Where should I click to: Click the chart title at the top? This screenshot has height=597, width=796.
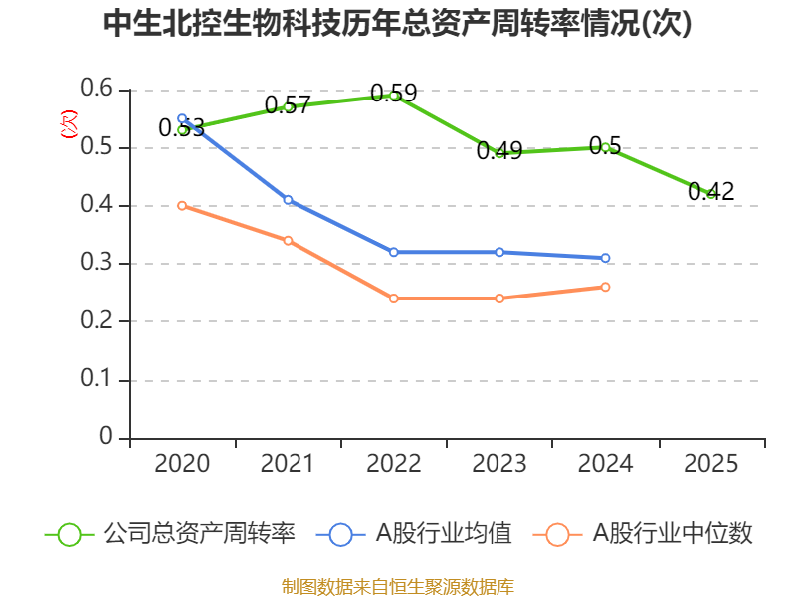tap(397, 25)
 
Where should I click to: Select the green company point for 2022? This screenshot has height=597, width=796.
tap(394, 96)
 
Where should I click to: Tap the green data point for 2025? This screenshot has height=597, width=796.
tap(711, 193)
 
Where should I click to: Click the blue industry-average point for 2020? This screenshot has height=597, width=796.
tap(182, 118)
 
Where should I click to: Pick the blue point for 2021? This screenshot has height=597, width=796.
tap(289, 200)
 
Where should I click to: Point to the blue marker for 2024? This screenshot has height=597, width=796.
tap(605, 258)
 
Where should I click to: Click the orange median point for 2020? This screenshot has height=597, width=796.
tap(182, 205)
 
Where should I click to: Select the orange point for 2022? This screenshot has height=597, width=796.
tap(394, 298)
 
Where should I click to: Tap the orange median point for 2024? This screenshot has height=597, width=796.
tap(605, 287)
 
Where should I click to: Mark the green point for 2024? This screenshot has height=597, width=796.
tap(605, 147)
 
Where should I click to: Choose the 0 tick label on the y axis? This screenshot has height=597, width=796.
tap(107, 438)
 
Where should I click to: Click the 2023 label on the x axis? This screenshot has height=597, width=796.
tap(499, 464)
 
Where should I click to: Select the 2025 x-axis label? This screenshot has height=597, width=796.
tap(711, 464)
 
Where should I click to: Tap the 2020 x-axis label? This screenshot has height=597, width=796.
tap(182, 464)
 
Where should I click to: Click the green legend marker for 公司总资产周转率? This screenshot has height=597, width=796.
tap(69, 534)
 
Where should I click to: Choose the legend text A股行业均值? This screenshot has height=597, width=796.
tap(443, 534)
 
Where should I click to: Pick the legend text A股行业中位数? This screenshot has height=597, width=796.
tap(674, 534)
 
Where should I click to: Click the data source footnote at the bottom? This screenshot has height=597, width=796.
tap(397, 586)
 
